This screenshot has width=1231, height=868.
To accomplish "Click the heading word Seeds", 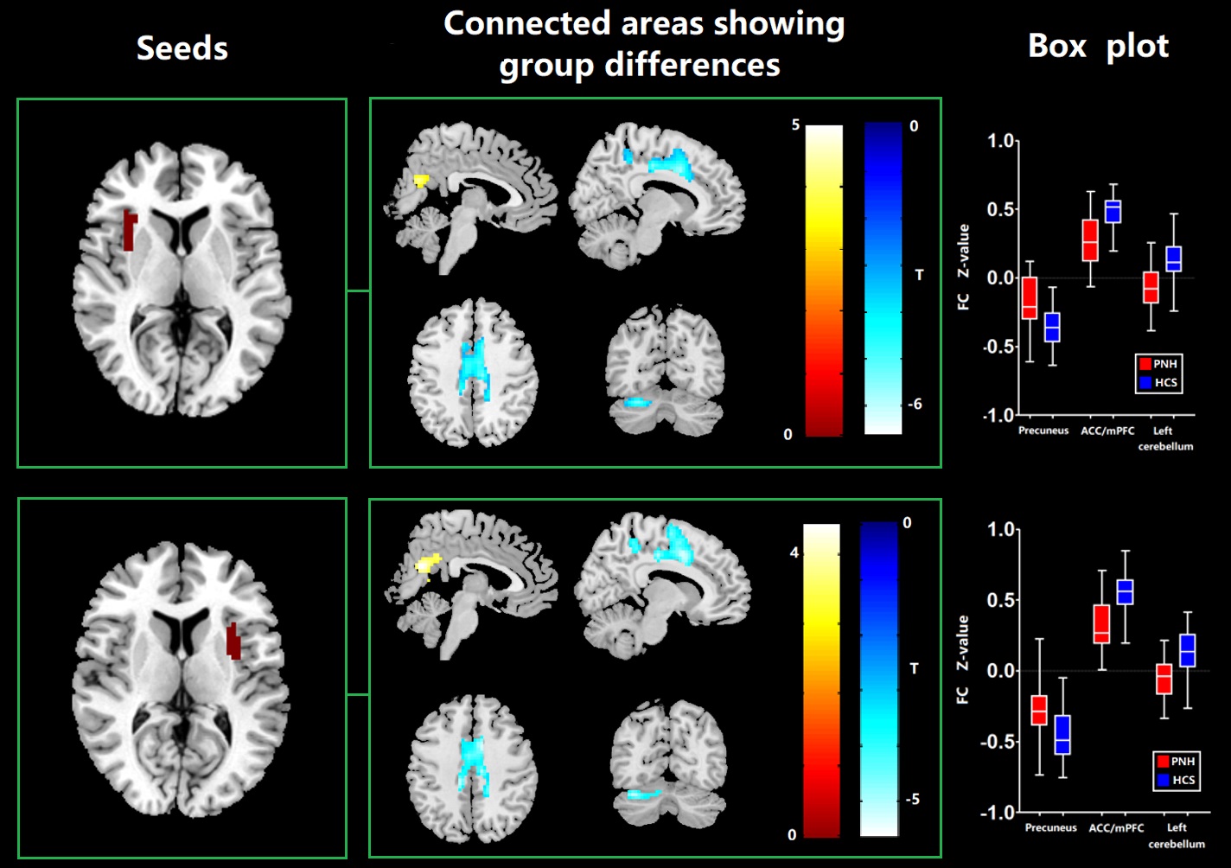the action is point(182,48).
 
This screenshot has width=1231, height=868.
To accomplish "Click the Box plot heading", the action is point(1098,46).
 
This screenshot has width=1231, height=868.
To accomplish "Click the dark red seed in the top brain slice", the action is point(129,231).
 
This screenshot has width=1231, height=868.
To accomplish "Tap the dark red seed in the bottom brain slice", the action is point(233,641).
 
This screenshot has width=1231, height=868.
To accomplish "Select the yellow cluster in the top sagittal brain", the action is point(421,181).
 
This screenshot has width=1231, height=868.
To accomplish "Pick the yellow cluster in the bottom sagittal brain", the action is point(428,564).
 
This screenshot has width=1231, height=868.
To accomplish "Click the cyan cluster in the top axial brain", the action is point(473,367).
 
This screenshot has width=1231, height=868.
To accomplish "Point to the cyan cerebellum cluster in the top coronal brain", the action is point(638,402).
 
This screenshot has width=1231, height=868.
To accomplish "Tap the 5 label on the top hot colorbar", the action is point(795,126).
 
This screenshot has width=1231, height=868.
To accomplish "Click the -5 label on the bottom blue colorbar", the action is point(911,800).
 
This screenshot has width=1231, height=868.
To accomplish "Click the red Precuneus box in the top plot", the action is point(1029,298).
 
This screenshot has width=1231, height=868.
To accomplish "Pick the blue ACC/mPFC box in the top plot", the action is point(1113,212).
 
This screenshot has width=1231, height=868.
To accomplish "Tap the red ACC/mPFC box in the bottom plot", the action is point(1101,624).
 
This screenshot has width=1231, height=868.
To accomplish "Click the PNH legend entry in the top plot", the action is point(1158,364).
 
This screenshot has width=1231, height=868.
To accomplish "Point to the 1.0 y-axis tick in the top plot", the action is point(1001,142).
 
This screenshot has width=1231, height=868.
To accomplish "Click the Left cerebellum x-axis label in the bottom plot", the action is point(1177,835).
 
